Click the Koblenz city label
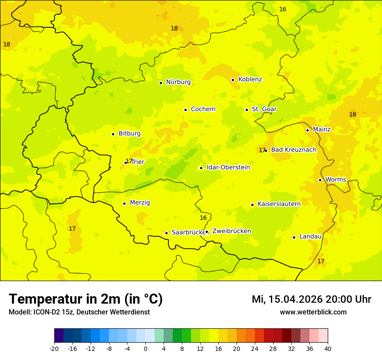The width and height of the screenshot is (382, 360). click(250, 79)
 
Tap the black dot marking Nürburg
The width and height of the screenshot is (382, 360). click(161, 83)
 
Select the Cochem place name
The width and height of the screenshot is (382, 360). click(203, 109)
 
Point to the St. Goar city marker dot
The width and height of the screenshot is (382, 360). click(247, 110)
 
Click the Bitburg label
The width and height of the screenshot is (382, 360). click(129, 134)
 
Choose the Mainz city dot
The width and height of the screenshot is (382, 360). click(307, 130)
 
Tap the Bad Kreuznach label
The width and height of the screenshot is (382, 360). click(293, 150)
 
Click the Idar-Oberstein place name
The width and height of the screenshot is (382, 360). click(228, 167)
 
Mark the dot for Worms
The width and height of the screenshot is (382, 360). click(320, 180)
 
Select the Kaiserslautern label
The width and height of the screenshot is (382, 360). click(279, 204)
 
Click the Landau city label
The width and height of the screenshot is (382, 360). click(310, 236)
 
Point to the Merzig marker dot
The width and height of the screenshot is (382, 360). click(124, 203)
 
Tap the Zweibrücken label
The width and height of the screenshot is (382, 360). click(231, 231)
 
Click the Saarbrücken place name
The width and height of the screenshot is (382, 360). click(189, 232)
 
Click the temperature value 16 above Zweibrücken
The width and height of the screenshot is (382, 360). click(203, 218)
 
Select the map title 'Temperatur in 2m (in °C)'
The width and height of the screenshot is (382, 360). click(86, 299)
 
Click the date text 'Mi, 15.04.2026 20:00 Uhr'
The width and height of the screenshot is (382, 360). click(311, 299)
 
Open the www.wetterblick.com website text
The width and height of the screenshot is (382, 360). click(313, 312)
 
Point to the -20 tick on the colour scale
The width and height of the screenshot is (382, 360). click(54, 349)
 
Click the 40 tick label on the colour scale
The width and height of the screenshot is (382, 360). click(328, 349)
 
